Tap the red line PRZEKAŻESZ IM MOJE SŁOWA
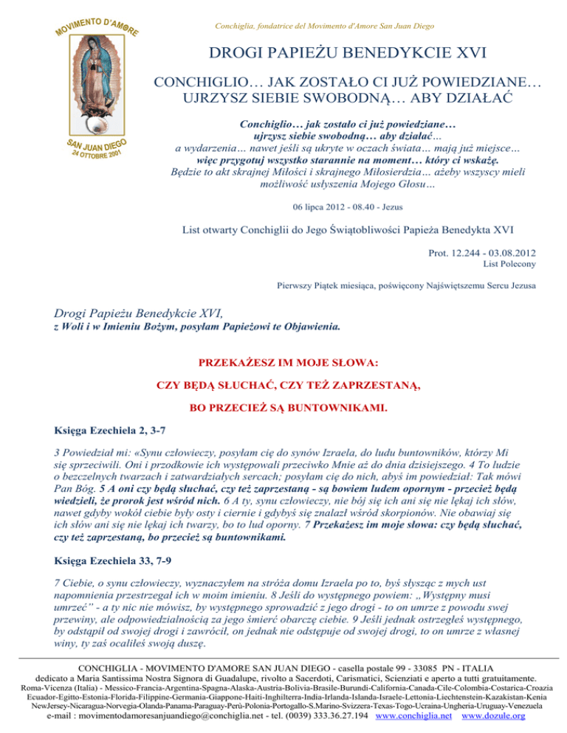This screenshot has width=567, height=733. click(x=283, y=363)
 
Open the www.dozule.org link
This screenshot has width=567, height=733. click(x=492, y=715)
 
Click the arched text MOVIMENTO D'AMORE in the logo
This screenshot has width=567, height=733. click(x=96, y=22)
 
